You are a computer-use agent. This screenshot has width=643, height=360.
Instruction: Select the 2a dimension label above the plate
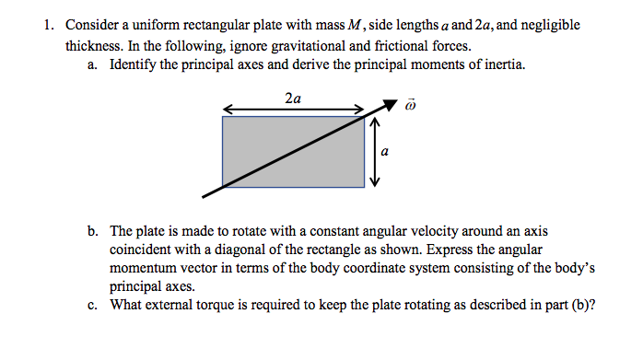tap(292, 97)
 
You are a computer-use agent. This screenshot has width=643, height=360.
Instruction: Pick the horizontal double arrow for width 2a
tap(294, 109)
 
